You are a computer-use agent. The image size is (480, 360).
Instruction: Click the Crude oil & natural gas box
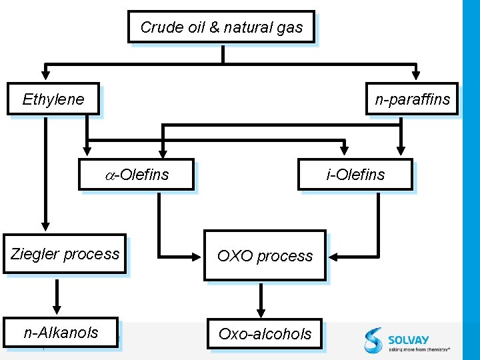221,27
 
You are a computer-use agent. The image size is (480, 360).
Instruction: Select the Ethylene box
53,99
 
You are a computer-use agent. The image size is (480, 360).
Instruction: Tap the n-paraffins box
412,99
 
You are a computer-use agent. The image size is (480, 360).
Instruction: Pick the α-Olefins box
136,175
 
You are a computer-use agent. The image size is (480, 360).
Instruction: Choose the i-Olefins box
355,175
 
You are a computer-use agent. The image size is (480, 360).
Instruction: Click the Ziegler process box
65,254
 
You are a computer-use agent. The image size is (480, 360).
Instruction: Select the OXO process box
265,255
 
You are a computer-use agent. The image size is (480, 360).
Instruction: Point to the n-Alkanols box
61,332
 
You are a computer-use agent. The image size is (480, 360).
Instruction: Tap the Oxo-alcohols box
265,333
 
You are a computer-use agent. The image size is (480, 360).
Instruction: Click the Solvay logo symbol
373,339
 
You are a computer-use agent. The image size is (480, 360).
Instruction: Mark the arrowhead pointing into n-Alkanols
57,310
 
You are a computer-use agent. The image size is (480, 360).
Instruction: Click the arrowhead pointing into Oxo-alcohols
260,311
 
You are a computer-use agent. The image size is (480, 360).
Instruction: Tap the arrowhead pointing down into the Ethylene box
45,75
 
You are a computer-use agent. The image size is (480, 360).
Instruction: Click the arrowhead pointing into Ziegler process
45,226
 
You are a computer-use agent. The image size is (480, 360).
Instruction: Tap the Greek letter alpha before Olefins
111,175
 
